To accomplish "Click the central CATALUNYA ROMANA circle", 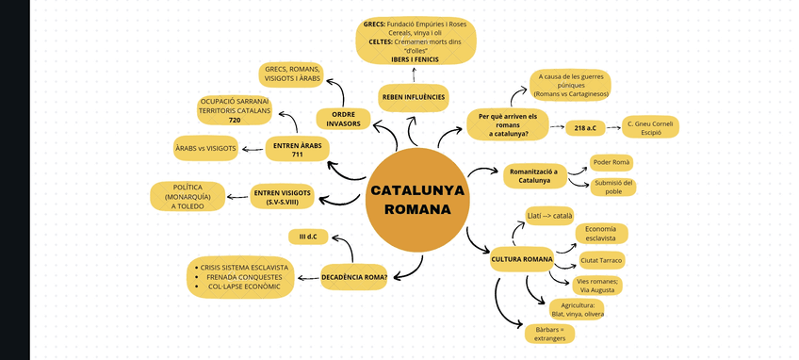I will click(x=416, y=200).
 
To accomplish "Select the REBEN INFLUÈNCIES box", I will click(x=413, y=97).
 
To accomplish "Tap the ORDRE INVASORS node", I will click(x=343, y=119).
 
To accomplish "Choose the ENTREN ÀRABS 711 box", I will click(x=298, y=150).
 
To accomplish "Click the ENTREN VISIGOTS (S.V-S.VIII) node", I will click(x=282, y=197).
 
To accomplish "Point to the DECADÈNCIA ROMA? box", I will click(x=354, y=276).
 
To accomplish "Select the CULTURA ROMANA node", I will click(x=521, y=258).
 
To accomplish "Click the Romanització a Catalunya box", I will click(x=534, y=175).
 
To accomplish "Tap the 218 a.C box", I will click(x=583, y=126).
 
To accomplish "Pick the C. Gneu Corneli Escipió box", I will click(x=652, y=127).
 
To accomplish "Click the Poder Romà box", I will click(x=611, y=162).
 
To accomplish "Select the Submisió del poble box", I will click(x=613, y=187).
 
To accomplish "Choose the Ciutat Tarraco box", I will click(x=602, y=259).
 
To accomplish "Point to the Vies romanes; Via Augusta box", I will click(x=598, y=286).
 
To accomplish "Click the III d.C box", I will click(x=308, y=236).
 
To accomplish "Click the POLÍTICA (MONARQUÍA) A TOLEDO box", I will click(x=188, y=196).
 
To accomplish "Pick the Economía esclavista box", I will click(x=601, y=234).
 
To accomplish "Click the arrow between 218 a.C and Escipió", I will click(x=613, y=126).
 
